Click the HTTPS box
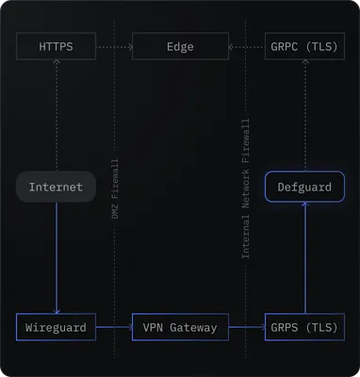point(56,46)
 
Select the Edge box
point(180,46)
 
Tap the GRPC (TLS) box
point(304,46)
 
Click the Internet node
point(56,187)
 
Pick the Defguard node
point(304,187)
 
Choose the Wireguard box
point(56,327)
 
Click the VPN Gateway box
point(180,327)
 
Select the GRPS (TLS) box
point(304,327)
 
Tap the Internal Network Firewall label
point(246,188)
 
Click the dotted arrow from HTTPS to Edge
point(114,46)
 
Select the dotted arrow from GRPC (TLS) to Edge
point(247,46)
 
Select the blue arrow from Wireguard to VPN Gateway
point(114,327)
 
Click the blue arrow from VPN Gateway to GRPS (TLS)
point(247,327)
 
